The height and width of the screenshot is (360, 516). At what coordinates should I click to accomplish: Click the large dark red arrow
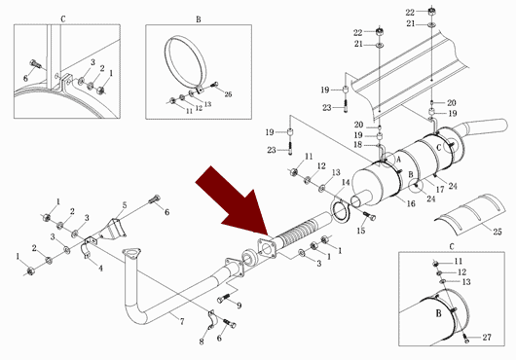235,203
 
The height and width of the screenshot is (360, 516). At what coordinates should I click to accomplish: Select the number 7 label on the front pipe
182,321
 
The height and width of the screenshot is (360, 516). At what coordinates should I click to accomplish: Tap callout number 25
497,232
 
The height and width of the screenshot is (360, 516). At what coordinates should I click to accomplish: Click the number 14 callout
346,182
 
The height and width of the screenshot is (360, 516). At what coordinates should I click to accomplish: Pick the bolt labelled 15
369,216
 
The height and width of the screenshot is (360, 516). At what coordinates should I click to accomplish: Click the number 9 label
239,306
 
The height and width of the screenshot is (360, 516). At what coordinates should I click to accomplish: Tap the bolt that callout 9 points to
223,298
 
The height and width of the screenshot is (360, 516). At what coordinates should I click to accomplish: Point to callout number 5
125,205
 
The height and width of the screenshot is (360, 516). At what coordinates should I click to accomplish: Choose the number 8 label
202,342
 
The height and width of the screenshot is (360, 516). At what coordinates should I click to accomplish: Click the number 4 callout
100,268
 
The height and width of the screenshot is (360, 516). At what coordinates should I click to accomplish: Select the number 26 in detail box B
228,94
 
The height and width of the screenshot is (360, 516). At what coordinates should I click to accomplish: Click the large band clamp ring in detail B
185,62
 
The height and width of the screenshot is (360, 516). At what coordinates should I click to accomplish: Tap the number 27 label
487,337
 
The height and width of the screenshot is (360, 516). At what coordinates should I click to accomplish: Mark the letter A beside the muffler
398,160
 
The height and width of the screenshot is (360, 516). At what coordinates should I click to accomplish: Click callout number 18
357,144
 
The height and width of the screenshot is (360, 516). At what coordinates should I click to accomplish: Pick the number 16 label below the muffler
411,203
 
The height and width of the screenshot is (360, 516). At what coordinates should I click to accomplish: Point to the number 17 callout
440,190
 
